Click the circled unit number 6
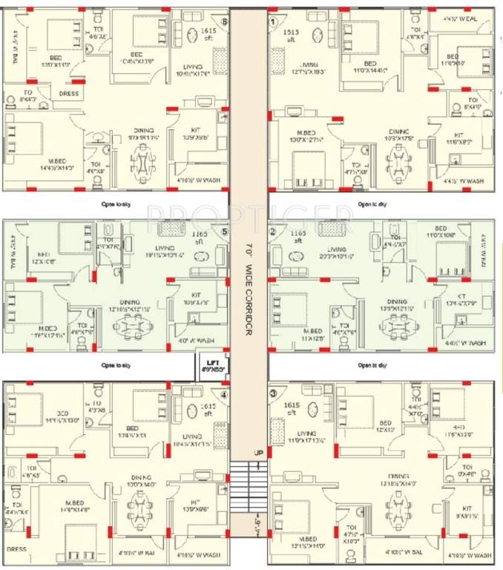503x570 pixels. pyautogui.click(x=223, y=22)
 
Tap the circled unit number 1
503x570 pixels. pyautogui.click(x=273, y=22)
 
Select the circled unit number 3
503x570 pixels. pyautogui.click(x=273, y=393)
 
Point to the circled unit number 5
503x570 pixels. pyautogui.click(x=223, y=231)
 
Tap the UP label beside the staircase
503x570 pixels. pyautogui.click(x=258, y=451)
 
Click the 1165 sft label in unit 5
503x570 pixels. pyautogui.click(x=199, y=237)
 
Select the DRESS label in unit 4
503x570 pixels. pyautogui.click(x=17, y=549)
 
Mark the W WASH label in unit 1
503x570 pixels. pyautogui.click(x=464, y=180)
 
